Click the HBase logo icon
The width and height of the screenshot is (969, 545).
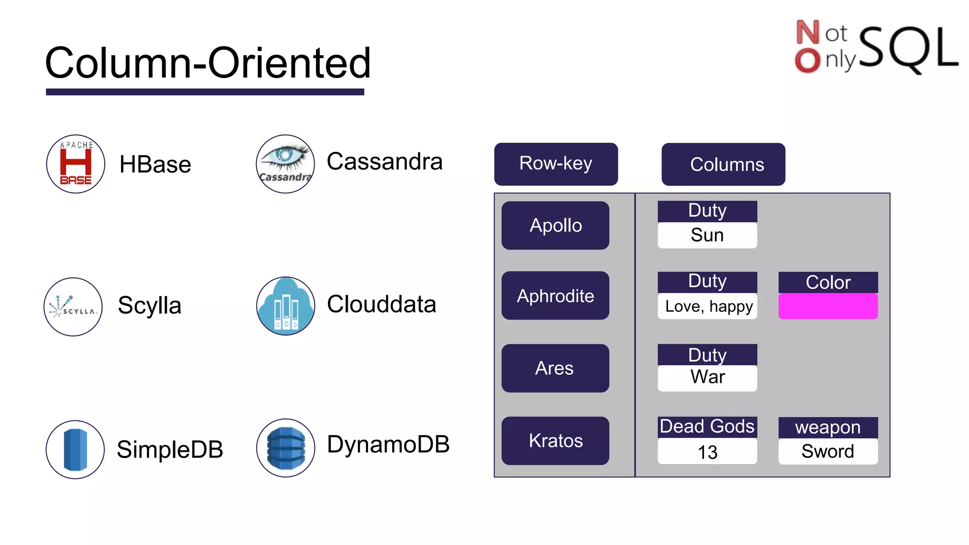[x=76, y=164]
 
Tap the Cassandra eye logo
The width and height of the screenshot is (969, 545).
[x=285, y=164]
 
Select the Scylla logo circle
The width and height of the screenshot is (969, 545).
[x=73, y=307]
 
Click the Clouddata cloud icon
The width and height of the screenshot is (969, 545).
[x=285, y=306]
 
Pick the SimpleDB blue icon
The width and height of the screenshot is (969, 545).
[x=75, y=449]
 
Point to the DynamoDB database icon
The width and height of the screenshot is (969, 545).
[x=285, y=448]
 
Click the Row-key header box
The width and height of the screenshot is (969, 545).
[x=556, y=164]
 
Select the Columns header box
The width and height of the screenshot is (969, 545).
[x=723, y=164]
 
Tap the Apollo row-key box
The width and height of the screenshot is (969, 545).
[x=555, y=225]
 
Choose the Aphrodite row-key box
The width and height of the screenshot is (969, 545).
[x=555, y=296]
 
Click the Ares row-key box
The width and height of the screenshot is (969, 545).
[x=555, y=368]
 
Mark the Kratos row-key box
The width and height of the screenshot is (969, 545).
[x=555, y=440]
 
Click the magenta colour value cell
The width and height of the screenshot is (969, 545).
[x=828, y=306]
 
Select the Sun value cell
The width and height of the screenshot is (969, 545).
[x=707, y=235]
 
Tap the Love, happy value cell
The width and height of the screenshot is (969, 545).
[x=707, y=307]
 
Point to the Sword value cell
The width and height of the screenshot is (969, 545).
[x=828, y=451]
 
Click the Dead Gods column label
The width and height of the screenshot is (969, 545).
[x=707, y=427]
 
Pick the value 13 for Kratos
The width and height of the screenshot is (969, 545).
[x=707, y=452]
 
